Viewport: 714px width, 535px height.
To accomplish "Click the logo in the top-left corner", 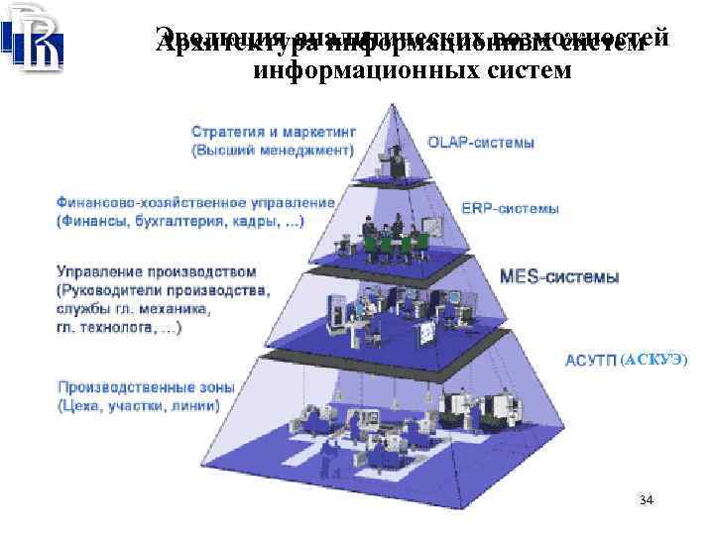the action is pyautogui.click(x=36, y=38).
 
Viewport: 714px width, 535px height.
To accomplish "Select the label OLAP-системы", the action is pyautogui.click(x=481, y=143).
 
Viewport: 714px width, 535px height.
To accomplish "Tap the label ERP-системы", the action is pyautogui.click(x=510, y=209).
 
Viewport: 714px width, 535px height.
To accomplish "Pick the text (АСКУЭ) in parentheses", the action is pyautogui.click(x=651, y=358).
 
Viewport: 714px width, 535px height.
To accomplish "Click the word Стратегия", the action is pyautogui.click(x=224, y=132).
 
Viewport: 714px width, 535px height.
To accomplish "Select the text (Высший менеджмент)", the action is pyautogui.click(x=270, y=152).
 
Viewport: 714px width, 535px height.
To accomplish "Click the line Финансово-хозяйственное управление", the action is pyautogui.click(x=196, y=201).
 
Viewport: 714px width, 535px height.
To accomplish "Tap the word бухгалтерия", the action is pyautogui.click(x=177, y=220).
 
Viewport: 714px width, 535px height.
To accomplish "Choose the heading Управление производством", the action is pyautogui.click(x=157, y=270).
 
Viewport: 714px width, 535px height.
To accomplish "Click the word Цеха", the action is pyautogui.click(x=86, y=405).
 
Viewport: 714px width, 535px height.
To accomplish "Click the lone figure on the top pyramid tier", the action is pyautogui.click(x=398, y=160).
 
